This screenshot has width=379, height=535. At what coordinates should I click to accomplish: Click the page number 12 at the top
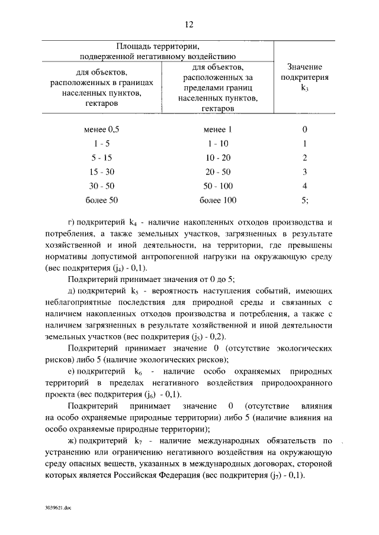click(189, 24)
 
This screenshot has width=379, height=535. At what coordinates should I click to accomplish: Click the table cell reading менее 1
click(217, 129)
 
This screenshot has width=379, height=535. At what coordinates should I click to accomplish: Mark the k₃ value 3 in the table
click(304, 171)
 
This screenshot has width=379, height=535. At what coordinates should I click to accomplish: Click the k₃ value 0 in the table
click(304, 129)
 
